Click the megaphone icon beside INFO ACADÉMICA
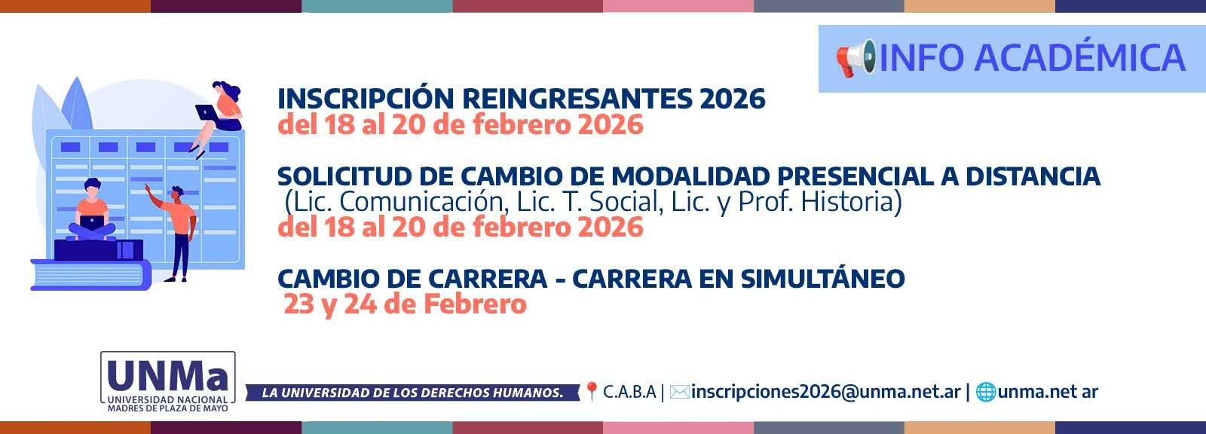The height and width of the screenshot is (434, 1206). point(856,58)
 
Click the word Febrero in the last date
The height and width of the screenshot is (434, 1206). point(475,304)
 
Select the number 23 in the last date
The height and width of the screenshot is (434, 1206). point(298,304)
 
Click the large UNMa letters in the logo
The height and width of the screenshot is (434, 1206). point(167,374)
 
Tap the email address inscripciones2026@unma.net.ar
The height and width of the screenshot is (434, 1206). point(825,392)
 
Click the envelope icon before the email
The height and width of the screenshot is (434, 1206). point(679,392)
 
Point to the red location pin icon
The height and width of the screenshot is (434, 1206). point(592,391)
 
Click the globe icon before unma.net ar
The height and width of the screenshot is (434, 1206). point(986,392)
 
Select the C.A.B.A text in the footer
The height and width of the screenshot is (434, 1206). point(629,392)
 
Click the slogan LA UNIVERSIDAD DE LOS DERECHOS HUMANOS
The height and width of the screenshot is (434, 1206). point(412,393)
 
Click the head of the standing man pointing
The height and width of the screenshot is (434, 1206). point(177,193)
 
